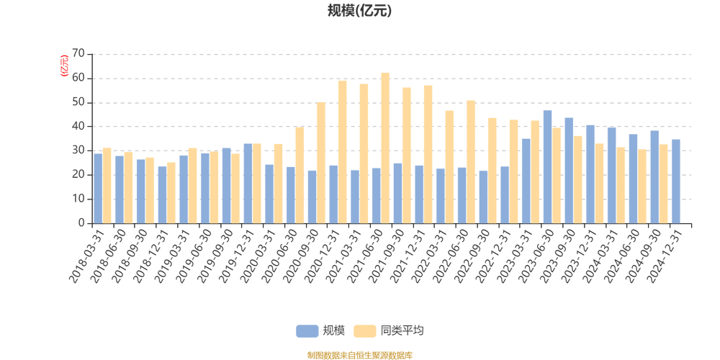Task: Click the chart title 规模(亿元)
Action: [x=359, y=11]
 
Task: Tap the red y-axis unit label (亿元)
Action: [x=64, y=65]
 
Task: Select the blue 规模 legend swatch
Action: [x=307, y=331]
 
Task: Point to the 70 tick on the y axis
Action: [x=78, y=54]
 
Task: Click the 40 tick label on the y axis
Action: [x=78, y=127]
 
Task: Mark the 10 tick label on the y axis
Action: [x=78, y=199]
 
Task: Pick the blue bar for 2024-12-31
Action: [x=676, y=181]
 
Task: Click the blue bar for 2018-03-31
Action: [x=98, y=189]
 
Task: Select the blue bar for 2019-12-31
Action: [x=248, y=184]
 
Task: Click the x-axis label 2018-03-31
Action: [x=91, y=255]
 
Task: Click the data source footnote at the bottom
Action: [x=359, y=355]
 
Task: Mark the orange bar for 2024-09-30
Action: [x=663, y=184]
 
